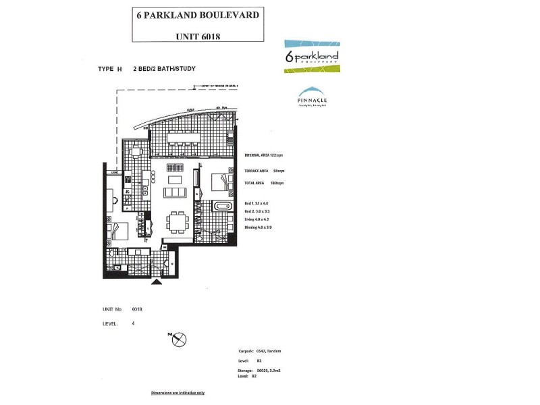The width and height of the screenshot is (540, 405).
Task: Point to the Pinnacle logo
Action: click(x=312, y=98)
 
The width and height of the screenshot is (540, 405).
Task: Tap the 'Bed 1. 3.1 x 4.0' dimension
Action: click(x=256, y=203)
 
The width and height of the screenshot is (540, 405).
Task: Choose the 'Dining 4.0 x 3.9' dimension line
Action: click(x=259, y=227)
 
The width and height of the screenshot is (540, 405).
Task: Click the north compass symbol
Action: click(x=178, y=340)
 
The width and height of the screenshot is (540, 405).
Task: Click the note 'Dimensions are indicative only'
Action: click(x=178, y=392)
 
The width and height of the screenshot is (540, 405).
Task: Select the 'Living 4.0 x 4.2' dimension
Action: click(x=257, y=219)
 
